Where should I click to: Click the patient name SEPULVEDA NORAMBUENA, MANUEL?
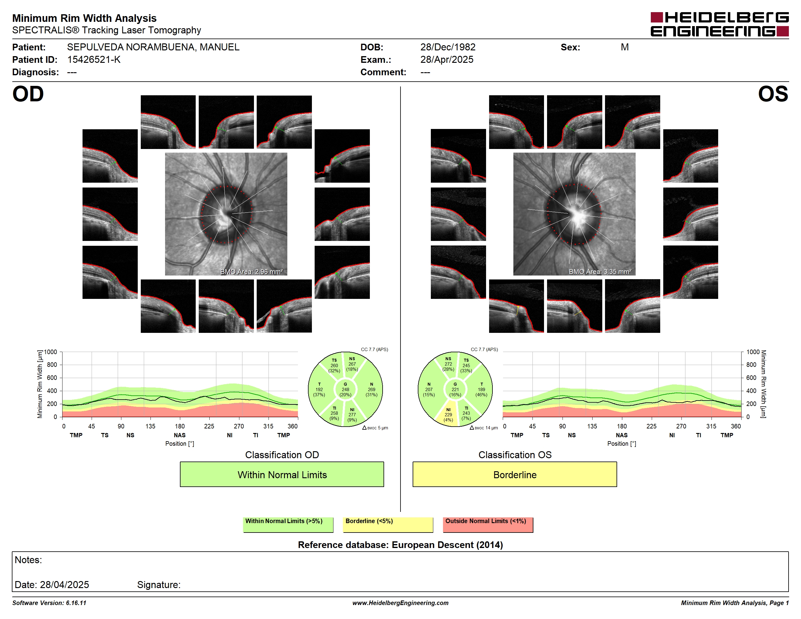tap(153, 47)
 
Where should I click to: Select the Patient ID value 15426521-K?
tap(94, 60)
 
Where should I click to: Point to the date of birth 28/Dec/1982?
tap(448, 47)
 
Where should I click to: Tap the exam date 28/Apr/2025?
tap(447, 60)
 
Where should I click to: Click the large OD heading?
tap(28, 94)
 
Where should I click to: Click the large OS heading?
tap(773, 94)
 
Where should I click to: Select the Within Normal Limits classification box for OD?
tap(282, 475)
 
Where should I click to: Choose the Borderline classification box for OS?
tap(515, 475)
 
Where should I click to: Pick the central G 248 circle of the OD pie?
tap(345, 389)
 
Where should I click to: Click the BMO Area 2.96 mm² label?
tap(252, 272)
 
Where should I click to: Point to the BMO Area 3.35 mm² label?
tap(600, 272)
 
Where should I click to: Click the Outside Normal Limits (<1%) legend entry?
tap(488, 524)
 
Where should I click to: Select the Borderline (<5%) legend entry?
tap(388, 524)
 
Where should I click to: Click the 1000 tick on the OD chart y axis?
tap(51, 352)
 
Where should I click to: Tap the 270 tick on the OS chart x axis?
tap(681, 426)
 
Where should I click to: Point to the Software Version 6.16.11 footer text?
tap(49, 603)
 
